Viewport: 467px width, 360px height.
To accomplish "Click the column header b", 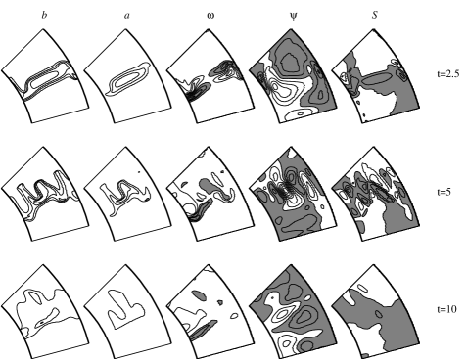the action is [44, 16].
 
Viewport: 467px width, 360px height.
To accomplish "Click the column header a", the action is [127, 16].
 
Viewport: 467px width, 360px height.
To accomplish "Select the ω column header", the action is [210, 16].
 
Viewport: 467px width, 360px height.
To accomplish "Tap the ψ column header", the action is [294, 16].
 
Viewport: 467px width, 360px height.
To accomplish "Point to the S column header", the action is [375, 15].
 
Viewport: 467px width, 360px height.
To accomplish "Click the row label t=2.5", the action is [448, 74].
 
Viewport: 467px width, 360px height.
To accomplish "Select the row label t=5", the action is [444, 192].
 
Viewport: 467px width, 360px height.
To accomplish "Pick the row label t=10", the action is [446, 309].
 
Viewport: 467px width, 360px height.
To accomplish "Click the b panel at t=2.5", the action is [45, 76].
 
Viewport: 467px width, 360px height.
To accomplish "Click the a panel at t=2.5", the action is [128, 76].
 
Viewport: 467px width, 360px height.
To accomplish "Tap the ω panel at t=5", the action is [210, 194].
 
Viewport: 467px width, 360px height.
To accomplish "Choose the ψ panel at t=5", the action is [293, 194].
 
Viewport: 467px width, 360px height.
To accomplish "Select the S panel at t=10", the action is [376, 312].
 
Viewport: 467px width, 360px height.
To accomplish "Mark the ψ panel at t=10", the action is [293, 312].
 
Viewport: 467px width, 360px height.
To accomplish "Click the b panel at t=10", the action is [45, 312].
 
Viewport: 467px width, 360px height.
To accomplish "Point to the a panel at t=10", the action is [128, 312].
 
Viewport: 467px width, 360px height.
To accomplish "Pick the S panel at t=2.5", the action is [376, 76].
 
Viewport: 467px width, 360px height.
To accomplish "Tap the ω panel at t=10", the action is [210, 312].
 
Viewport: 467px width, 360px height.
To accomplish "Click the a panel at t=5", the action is [128, 194].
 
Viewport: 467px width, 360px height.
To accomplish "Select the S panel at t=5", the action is [376, 194].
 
